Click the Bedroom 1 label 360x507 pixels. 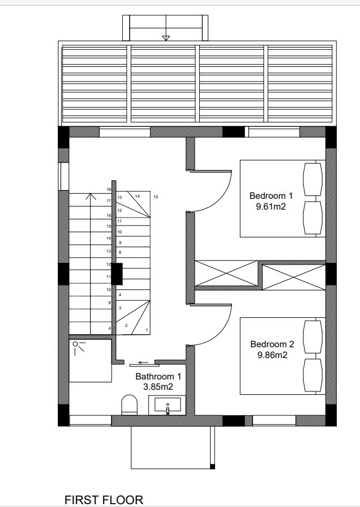271,196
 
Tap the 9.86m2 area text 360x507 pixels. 272,355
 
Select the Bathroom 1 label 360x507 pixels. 158,376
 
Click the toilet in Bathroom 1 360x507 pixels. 130,405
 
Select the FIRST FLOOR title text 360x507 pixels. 104,500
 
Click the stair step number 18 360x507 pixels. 109,190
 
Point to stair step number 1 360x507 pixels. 147,330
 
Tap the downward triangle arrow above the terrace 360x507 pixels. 166,38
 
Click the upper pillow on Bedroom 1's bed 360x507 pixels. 312,180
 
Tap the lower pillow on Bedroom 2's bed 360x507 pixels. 312,374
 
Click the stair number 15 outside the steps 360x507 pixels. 155,197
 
